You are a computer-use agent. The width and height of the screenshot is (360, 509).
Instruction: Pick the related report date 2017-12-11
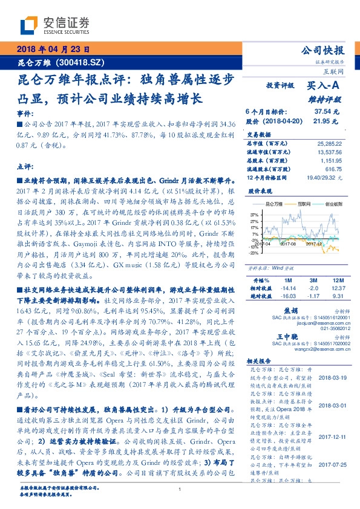pyautogui.click(x=331, y=435)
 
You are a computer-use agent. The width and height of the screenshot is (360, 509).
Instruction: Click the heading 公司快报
pyautogui.click(x=324, y=50)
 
